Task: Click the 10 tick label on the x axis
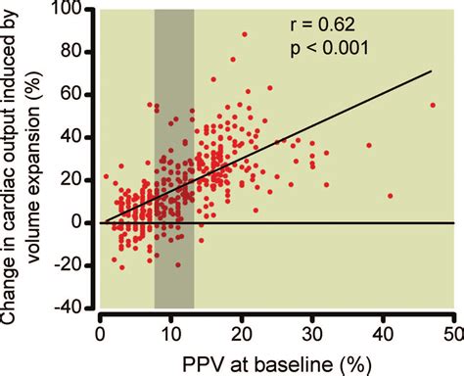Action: click(170, 328)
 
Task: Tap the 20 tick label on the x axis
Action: click(242, 328)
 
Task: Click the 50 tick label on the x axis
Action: click(453, 328)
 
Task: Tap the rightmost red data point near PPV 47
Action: click(433, 105)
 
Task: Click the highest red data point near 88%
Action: click(245, 34)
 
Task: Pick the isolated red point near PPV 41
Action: click(391, 196)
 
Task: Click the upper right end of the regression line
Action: click(432, 71)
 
